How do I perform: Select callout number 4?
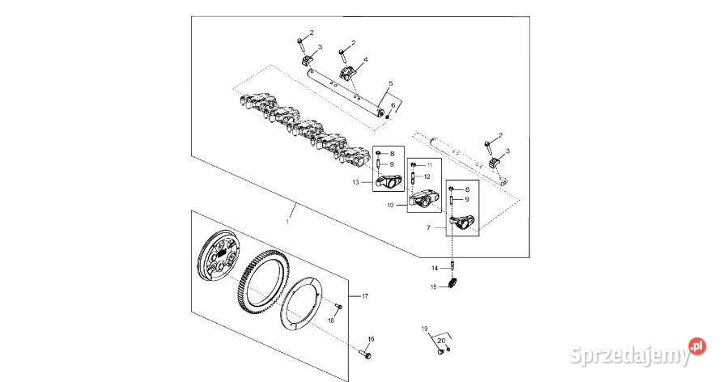(365, 60)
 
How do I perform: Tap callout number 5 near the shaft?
(390, 84)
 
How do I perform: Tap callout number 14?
(434, 267)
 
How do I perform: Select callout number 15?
(434, 286)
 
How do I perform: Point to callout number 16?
(372, 339)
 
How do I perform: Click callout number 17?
(364, 296)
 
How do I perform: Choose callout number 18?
(330, 320)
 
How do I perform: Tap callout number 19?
(423, 329)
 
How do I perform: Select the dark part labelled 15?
(454, 284)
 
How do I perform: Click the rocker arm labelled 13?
(391, 180)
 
